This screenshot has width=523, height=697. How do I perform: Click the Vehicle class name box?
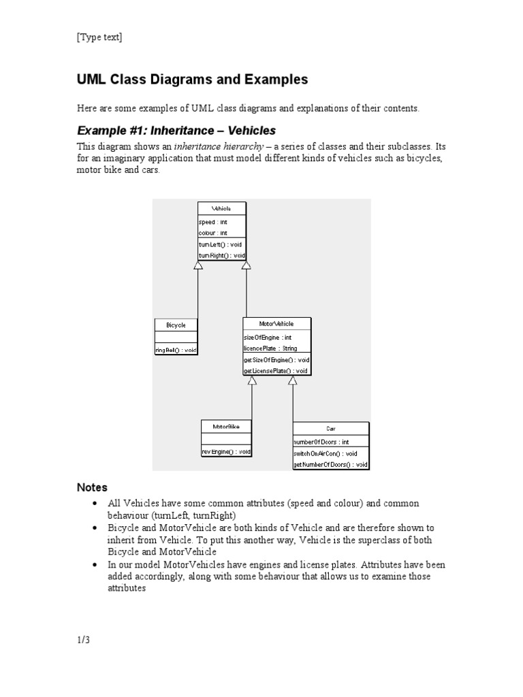click(221, 208)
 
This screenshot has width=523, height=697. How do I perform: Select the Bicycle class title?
click(176, 325)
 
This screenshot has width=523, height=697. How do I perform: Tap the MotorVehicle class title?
click(276, 324)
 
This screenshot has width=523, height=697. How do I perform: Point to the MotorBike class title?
click(226, 427)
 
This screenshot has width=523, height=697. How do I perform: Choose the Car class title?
click(331, 429)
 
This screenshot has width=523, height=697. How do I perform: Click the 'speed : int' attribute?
click(213, 222)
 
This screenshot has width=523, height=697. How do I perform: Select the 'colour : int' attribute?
click(213, 233)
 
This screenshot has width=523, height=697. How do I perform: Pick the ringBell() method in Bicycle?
click(176, 350)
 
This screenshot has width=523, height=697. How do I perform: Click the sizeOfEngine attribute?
click(268, 337)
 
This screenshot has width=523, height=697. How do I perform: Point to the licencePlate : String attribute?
click(270, 348)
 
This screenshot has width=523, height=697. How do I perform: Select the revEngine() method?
click(226, 451)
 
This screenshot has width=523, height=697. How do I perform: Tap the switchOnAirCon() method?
click(326, 453)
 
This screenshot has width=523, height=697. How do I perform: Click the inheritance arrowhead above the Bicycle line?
click(198, 265)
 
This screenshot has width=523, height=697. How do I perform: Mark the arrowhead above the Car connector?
click(293, 380)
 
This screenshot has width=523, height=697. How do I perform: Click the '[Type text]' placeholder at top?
click(99, 37)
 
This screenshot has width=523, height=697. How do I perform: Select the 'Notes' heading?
click(92, 487)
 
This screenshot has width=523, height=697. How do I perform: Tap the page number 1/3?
click(83, 640)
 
